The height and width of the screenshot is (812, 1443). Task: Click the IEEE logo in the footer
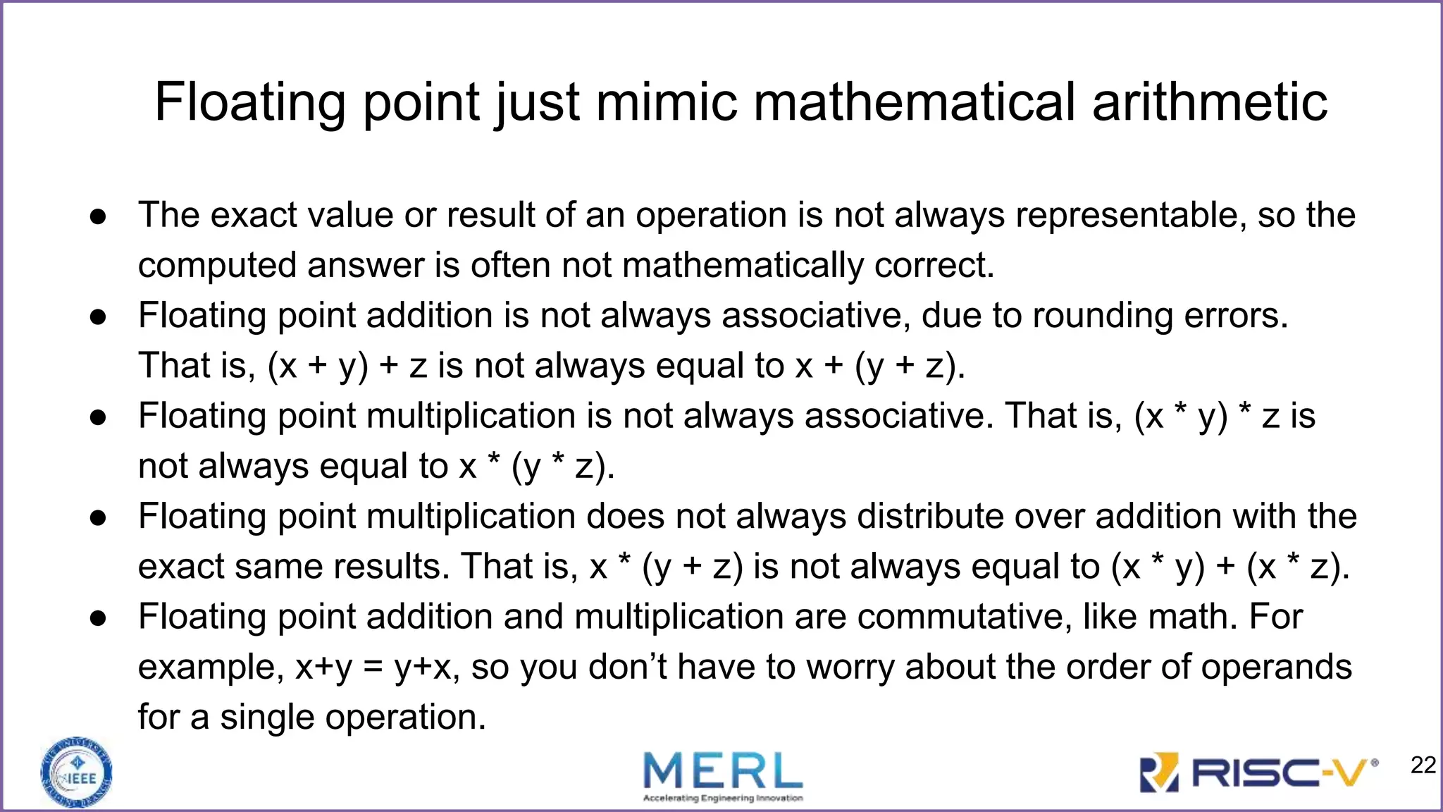click(77, 773)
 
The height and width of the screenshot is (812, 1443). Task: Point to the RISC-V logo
click(1258, 773)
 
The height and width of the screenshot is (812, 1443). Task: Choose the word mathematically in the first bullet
click(743, 266)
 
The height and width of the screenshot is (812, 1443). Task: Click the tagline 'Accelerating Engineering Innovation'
click(723, 799)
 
